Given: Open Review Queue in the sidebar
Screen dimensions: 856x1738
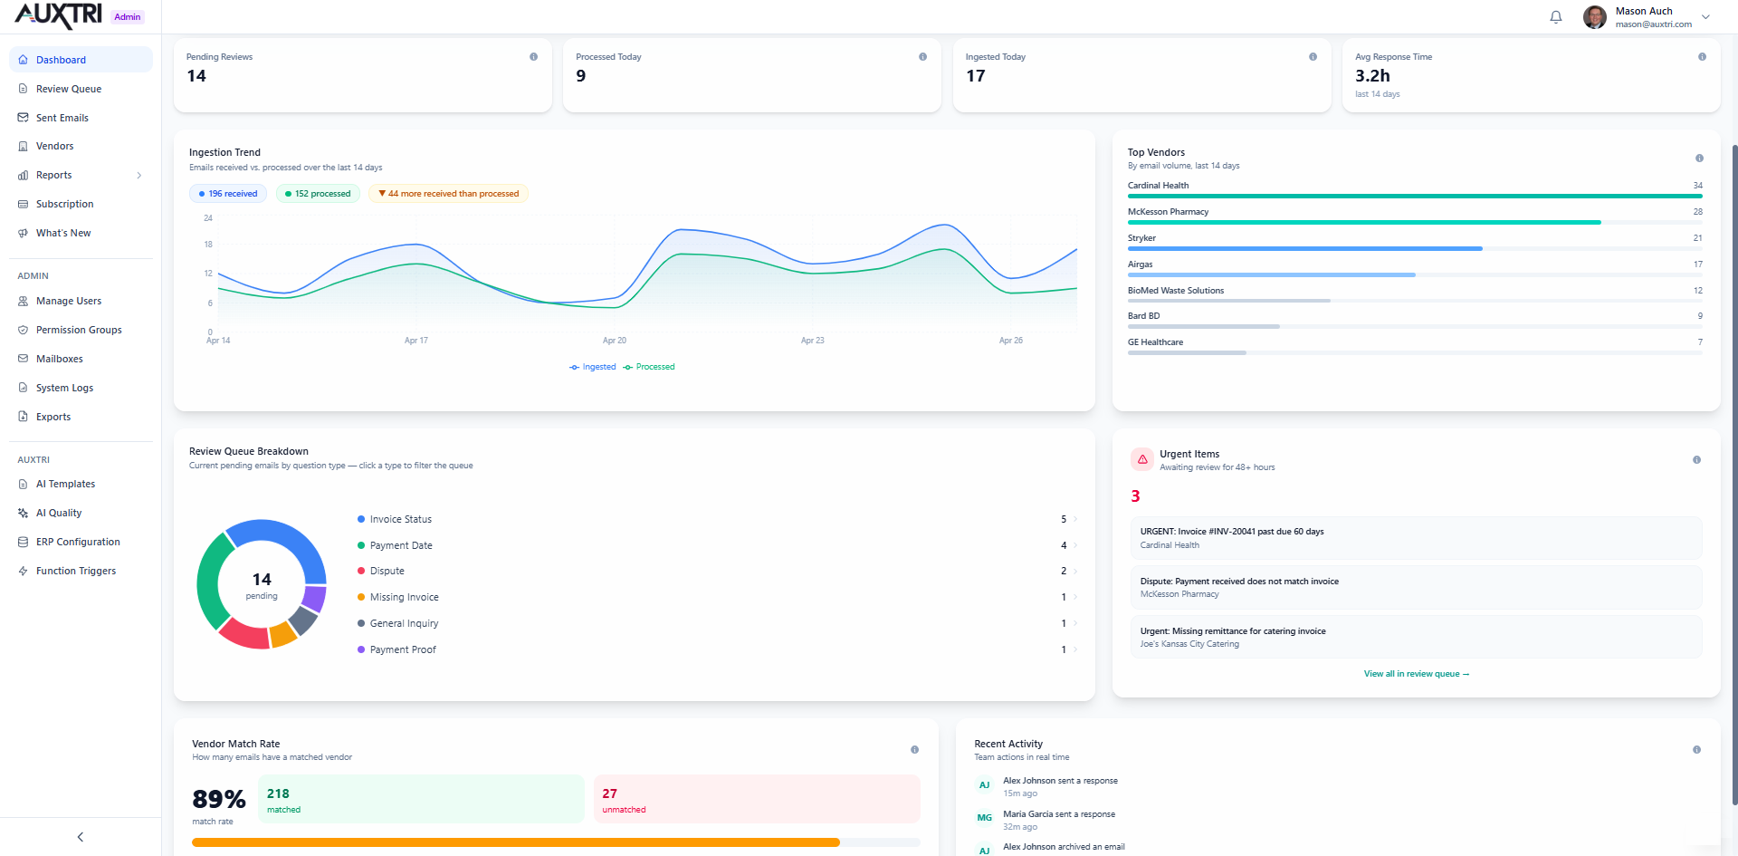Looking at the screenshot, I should [68, 89].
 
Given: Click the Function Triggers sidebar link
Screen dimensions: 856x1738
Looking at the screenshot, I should [75, 571].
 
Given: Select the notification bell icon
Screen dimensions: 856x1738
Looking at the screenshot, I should [1555, 17].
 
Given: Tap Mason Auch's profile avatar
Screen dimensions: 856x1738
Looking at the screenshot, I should [1594, 17].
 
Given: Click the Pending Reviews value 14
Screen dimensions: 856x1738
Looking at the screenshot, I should [196, 76].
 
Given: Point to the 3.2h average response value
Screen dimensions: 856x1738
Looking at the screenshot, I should [1371, 76].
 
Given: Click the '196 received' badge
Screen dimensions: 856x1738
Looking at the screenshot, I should [228, 194].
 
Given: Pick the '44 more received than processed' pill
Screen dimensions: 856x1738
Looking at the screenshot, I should [448, 194].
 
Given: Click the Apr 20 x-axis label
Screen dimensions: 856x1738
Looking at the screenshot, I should [615, 341].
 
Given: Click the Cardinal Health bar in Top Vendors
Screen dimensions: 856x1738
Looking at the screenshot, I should [1412, 196].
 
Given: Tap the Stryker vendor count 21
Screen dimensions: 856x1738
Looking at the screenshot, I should [1697, 238].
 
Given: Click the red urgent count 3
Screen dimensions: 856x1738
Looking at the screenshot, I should [1135, 496].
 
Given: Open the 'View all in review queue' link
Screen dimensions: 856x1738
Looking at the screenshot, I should [1416, 674].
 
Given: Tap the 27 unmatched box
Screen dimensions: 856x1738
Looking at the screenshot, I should [756, 799].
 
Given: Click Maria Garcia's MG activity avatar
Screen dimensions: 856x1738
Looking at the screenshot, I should [984, 818].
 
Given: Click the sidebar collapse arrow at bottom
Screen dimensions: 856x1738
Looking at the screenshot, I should [81, 837].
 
